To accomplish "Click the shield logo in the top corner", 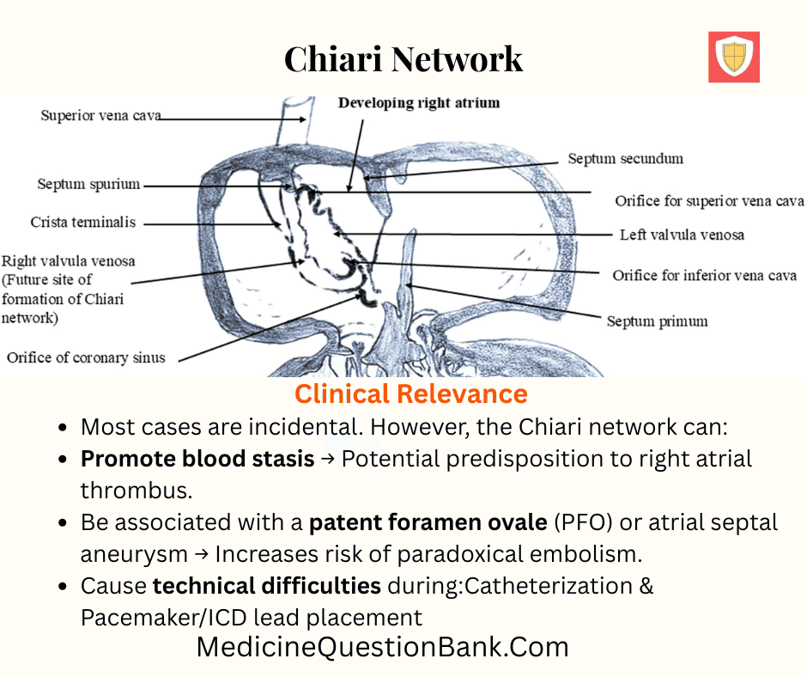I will [733, 57].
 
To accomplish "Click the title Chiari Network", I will [403, 58].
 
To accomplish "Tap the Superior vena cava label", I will [100, 116].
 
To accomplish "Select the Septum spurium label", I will [88, 184].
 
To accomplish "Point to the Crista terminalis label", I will [82, 223].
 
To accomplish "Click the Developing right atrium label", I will [418, 103].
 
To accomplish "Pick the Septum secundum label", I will [625, 158].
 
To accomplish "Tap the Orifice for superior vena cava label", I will [709, 201].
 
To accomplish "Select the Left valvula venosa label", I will [682, 235].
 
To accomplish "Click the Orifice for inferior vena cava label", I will [704, 276].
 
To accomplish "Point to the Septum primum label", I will [657, 321].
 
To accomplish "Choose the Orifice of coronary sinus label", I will [86, 357].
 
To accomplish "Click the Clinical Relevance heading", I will [410, 394].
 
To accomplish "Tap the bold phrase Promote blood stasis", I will [197, 459].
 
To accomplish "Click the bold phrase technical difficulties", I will [267, 586].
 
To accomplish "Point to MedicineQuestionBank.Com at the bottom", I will [382, 647].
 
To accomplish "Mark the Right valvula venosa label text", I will [69, 261].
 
